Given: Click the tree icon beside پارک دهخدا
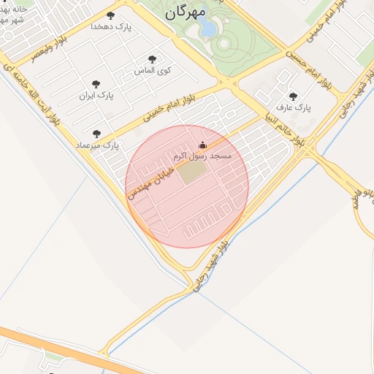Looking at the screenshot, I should (110, 15).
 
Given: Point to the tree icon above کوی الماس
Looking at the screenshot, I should (153, 60).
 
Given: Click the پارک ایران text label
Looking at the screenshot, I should (96, 96).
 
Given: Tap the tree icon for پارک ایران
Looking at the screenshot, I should (96, 85).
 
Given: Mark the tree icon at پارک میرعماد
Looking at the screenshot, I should (96, 134).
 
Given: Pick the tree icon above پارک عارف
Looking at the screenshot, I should (294, 96).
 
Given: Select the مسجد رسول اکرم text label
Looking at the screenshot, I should (202, 156).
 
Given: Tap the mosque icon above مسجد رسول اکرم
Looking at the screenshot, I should (202, 145).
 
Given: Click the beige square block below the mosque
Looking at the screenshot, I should (194, 173).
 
